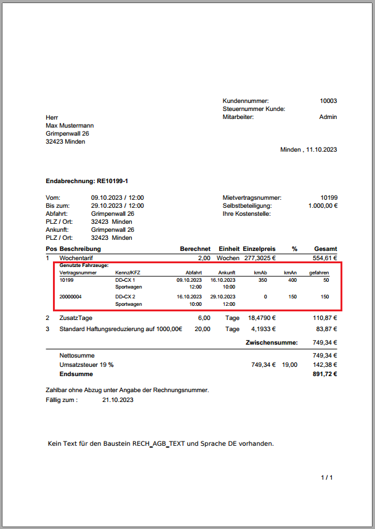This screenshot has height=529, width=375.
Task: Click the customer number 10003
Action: click(x=328, y=101)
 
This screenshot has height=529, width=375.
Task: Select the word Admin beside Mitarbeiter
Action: click(x=328, y=117)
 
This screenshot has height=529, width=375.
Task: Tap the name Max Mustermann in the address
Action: click(x=70, y=125)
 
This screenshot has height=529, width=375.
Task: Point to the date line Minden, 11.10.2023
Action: click(x=308, y=149)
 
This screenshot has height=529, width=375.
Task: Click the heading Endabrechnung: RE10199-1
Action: click(x=82, y=182)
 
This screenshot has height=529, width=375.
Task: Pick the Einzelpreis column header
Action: click(x=259, y=248)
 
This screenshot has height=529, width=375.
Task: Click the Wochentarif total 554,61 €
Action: click(x=326, y=257)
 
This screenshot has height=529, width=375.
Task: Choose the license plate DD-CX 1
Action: click(x=125, y=280)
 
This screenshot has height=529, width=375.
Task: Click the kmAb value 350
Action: click(x=262, y=280)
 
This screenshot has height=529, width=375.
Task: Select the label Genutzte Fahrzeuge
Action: click(x=84, y=265)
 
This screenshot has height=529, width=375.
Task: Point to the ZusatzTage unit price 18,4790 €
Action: click(x=261, y=318)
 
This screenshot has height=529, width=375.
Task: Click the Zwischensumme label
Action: click(x=272, y=342)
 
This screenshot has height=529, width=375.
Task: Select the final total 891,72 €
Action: click(x=325, y=374)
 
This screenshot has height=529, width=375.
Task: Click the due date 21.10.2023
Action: click(x=118, y=400)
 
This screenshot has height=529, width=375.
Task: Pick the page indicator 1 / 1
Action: click(x=327, y=478)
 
